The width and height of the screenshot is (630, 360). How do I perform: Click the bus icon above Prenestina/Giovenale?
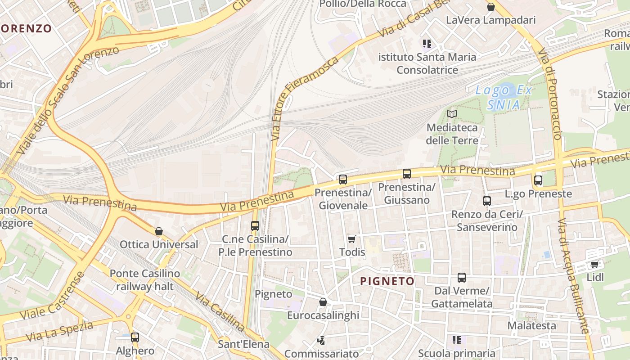point(343,180)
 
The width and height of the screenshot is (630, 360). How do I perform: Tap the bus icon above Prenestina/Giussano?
point(407,173)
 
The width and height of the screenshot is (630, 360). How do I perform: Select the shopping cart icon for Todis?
point(352,239)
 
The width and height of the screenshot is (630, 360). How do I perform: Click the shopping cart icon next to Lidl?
point(595,264)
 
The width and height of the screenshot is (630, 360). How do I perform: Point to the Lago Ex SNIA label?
point(504,97)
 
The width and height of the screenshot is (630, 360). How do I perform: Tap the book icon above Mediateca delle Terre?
point(452,114)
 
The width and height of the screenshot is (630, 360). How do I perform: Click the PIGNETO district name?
point(387,281)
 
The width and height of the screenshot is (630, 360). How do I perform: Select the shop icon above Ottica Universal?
point(158,231)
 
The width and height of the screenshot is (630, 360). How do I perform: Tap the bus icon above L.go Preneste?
point(538,180)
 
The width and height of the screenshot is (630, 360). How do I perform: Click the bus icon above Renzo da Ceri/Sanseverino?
point(487,201)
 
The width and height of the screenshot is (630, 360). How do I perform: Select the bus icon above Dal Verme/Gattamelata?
point(462,277)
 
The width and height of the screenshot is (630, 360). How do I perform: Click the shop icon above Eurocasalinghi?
point(323,302)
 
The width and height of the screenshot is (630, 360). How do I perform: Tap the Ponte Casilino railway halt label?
point(145,280)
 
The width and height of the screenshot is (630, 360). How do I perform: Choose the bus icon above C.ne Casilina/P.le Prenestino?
point(255,225)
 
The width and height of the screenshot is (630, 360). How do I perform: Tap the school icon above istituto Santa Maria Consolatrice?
point(427,44)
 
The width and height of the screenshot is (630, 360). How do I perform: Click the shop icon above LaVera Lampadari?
point(491,7)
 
